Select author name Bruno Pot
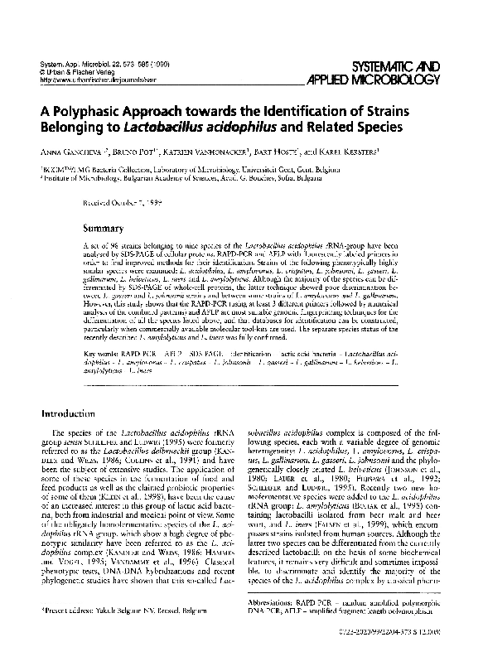139,152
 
